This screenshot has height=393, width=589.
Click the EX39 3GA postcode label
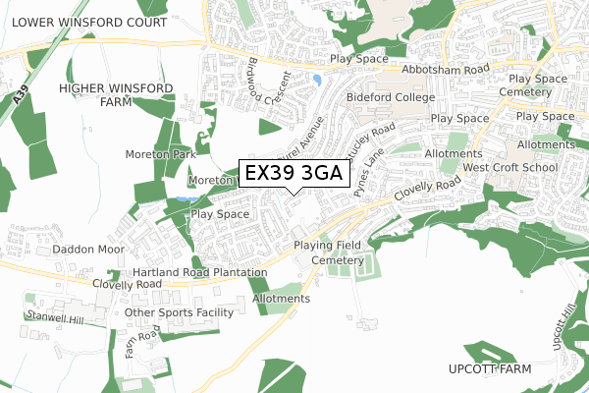pyautogui.click(x=293, y=174)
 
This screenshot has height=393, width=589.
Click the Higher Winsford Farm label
pyautogui.click(x=116, y=95)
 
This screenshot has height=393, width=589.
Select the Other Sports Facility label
pyautogui.click(x=180, y=312)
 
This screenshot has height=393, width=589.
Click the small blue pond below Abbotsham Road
pyautogui.click(x=316, y=80)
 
